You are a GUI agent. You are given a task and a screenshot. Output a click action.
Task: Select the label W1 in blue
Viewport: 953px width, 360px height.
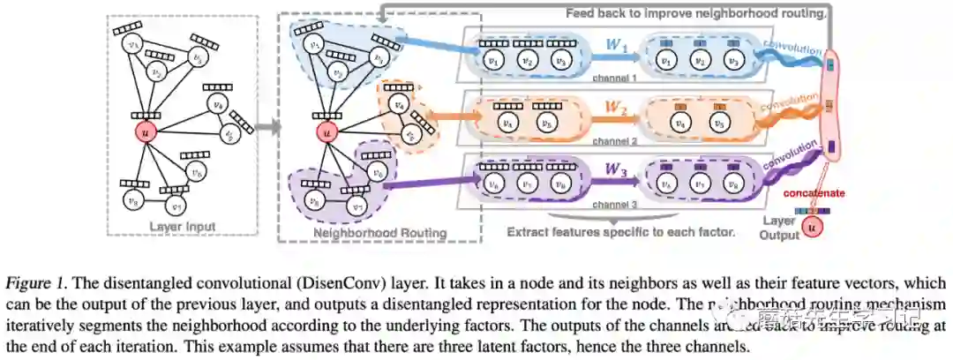tap(618, 44)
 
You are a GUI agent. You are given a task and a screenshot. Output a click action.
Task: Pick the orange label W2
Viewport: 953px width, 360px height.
tap(616, 109)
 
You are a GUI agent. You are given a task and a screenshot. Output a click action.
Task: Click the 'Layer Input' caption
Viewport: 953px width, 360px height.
tap(183, 227)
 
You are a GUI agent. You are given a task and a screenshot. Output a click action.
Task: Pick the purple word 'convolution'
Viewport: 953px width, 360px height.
tap(791, 159)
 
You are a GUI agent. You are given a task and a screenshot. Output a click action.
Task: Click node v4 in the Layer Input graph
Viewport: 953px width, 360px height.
tap(218, 104)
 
